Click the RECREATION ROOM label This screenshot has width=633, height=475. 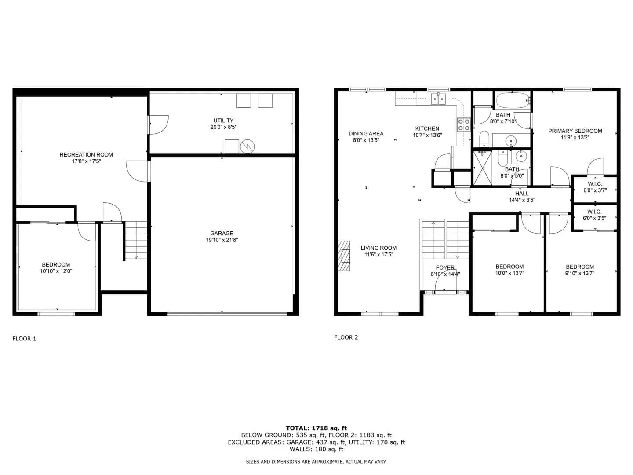(86, 154)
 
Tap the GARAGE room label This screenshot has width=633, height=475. (222, 233)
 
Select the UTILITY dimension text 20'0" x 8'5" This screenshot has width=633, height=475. (223, 127)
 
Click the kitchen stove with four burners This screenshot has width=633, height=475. (464, 125)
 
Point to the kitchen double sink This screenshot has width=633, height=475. (438, 99)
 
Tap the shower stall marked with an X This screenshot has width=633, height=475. (483, 168)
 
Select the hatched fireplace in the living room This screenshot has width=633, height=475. (344, 256)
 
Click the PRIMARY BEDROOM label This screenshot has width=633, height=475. (575, 131)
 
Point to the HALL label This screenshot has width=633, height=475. (522, 194)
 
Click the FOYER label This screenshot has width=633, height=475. (445, 268)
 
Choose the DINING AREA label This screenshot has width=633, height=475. (366, 134)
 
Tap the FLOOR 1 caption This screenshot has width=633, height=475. (24, 339)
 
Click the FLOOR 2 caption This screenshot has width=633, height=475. (346, 337)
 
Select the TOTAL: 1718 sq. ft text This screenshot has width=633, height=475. (316, 428)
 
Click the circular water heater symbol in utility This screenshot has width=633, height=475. (247, 146)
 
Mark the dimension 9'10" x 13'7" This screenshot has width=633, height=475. (580, 273)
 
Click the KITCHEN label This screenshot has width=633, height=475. (427, 128)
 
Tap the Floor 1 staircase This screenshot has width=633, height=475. (136, 240)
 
